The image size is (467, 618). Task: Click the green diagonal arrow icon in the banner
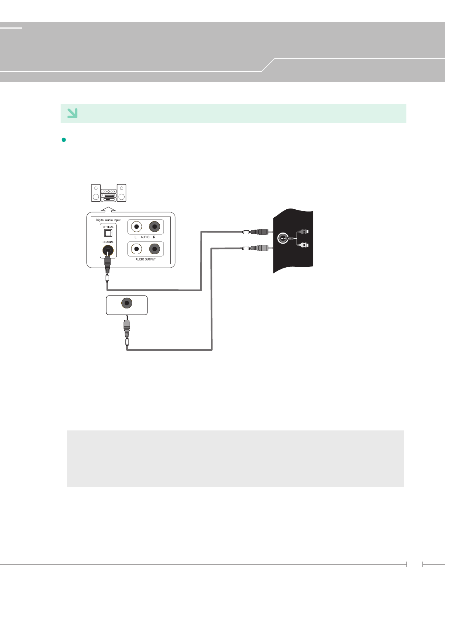pos(72,113)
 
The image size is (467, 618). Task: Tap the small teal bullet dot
pos(64,140)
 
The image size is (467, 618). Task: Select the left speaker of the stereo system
pos(96,193)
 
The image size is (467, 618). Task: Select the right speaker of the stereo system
pos(122,193)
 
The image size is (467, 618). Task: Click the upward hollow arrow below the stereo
pos(109,209)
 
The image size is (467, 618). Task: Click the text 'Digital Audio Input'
pos(108,220)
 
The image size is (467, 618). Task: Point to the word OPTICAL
pos(108,227)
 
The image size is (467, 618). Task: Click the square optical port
pos(108,233)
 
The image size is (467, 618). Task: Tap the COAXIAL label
pos(108,242)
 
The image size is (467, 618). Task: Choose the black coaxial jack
pos(108,251)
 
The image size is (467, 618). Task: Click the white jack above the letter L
pos(136,227)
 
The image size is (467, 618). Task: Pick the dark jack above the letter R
pos(154,227)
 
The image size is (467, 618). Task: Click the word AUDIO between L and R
pos(145,237)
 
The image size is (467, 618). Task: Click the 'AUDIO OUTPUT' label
pos(145,259)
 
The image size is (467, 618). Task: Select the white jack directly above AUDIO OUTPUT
pos(136,249)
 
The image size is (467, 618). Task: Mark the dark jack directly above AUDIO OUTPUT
pos(154,249)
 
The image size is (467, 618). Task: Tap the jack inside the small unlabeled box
pos(127,303)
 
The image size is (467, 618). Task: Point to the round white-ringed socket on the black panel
pos(282,239)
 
